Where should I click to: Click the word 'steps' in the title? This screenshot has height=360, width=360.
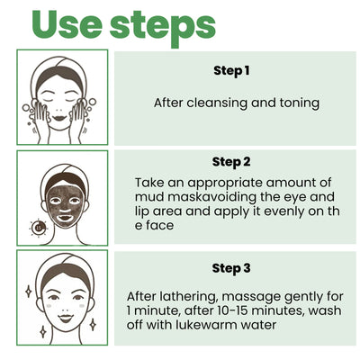click(164, 26)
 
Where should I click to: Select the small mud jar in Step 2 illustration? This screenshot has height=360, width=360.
click(38, 227)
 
